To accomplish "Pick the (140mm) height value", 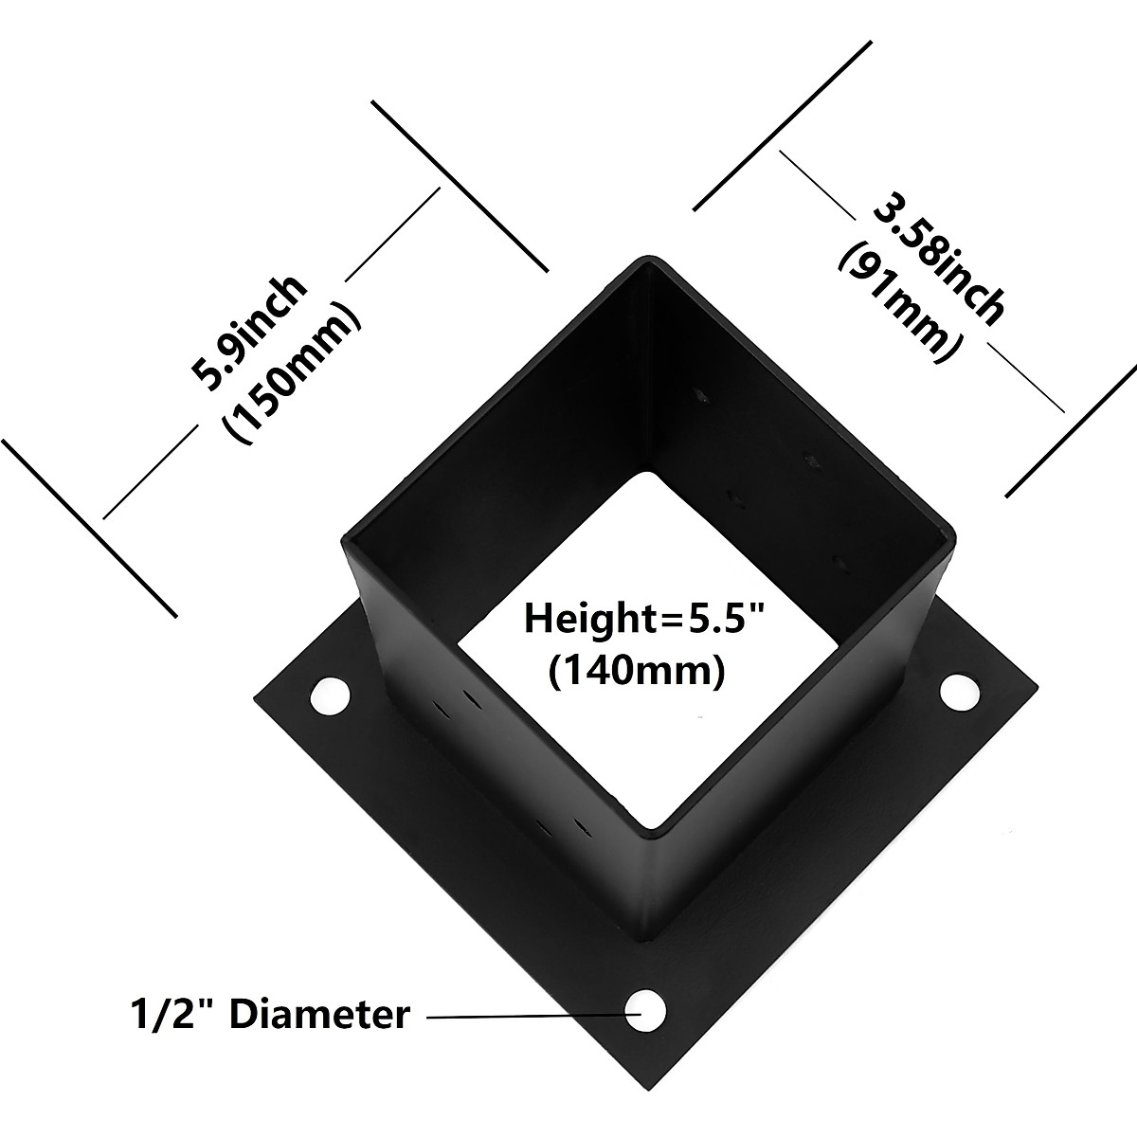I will (x=637, y=671).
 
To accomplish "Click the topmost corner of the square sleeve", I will (x=647, y=258).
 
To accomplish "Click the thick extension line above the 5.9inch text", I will (x=460, y=186).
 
